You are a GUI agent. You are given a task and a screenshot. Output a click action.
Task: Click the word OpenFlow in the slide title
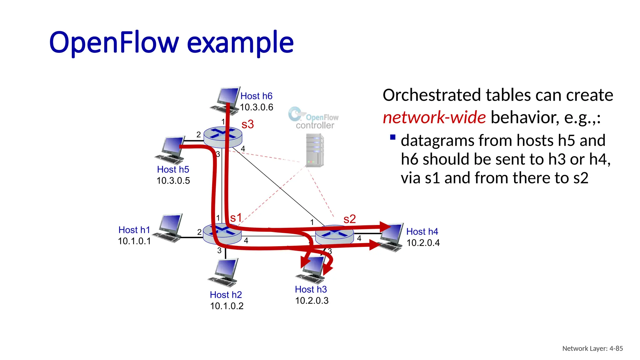[x=114, y=42]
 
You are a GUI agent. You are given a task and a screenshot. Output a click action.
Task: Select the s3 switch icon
[x=222, y=137]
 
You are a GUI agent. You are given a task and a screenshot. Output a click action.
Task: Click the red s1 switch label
[x=236, y=218]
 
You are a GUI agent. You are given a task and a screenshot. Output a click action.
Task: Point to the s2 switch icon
[x=334, y=235]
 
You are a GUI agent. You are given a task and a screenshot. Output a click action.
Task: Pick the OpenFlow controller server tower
[x=315, y=150]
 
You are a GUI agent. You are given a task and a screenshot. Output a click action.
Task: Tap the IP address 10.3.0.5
[x=173, y=181]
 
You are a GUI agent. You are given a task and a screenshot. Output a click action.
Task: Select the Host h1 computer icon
[x=169, y=228]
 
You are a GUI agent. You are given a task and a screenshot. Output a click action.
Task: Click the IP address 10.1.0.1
[x=134, y=241]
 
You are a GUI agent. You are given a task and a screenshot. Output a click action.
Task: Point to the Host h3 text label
[x=311, y=289]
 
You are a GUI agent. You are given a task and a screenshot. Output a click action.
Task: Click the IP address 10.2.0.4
[x=423, y=243]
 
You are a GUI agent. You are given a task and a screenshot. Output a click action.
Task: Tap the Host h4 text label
[x=422, y=232]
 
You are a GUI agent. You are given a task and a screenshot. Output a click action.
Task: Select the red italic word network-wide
[x=434, y=117]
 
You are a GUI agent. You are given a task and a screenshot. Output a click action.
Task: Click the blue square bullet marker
[x=393, y=137]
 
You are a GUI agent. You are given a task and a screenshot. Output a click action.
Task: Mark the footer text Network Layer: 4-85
[x=592, y=348]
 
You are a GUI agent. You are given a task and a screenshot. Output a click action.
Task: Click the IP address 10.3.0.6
[x=257, y=107]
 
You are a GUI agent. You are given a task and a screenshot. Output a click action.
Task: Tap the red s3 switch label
[x=247, y=124]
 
